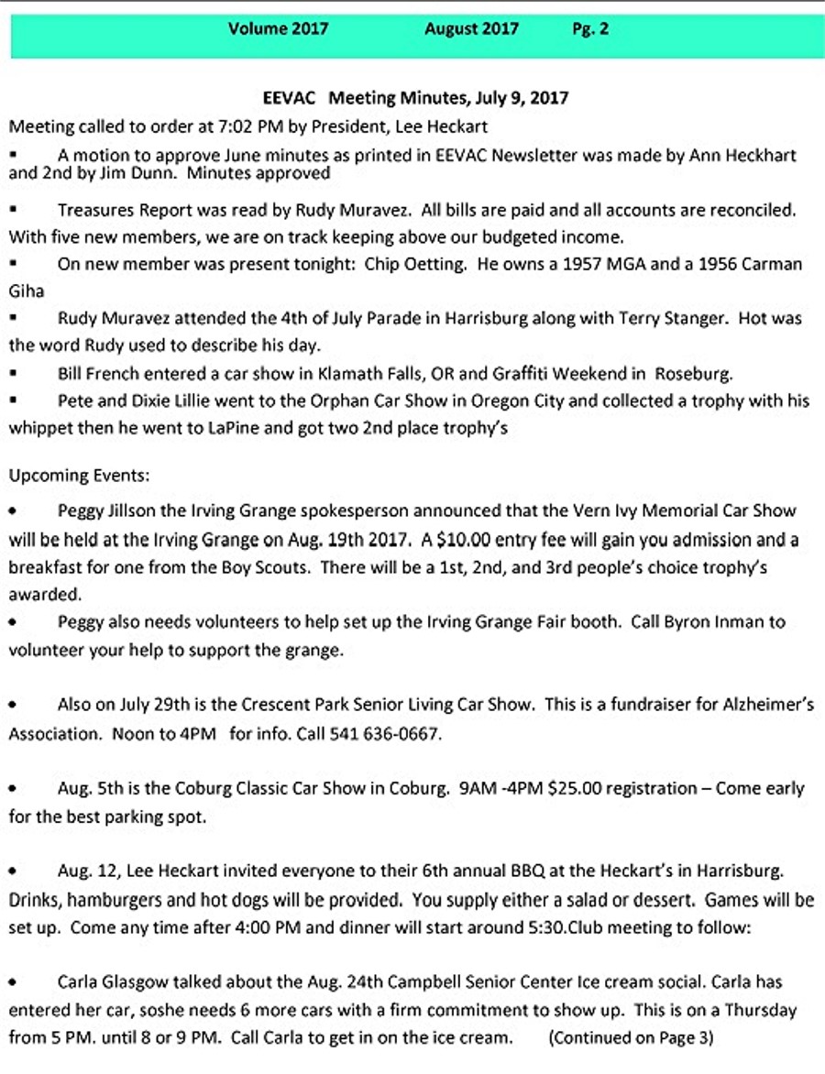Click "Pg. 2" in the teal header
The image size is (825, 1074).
click(x=590, y=28)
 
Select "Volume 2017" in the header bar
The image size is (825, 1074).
click(x=278, y=28)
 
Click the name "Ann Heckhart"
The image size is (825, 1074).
click(x=743, y=155)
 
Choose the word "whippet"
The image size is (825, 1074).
click(x=38, y=427)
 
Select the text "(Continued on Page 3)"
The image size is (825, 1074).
click(x=631, y=1038)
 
